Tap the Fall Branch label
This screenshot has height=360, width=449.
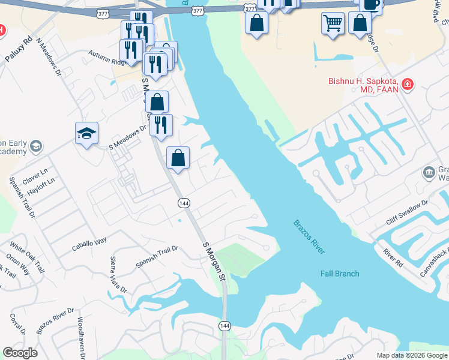coord(339,274)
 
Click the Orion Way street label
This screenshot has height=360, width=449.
coord(18,265)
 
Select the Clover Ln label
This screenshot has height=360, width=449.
coord(37,176)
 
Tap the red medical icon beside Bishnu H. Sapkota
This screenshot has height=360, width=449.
coord(408,84)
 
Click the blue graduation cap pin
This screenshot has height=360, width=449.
coord(86,133)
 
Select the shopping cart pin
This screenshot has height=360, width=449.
coord(333,23)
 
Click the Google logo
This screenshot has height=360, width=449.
coord(20,353)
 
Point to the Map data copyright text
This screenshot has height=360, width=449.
coord(412,355)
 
